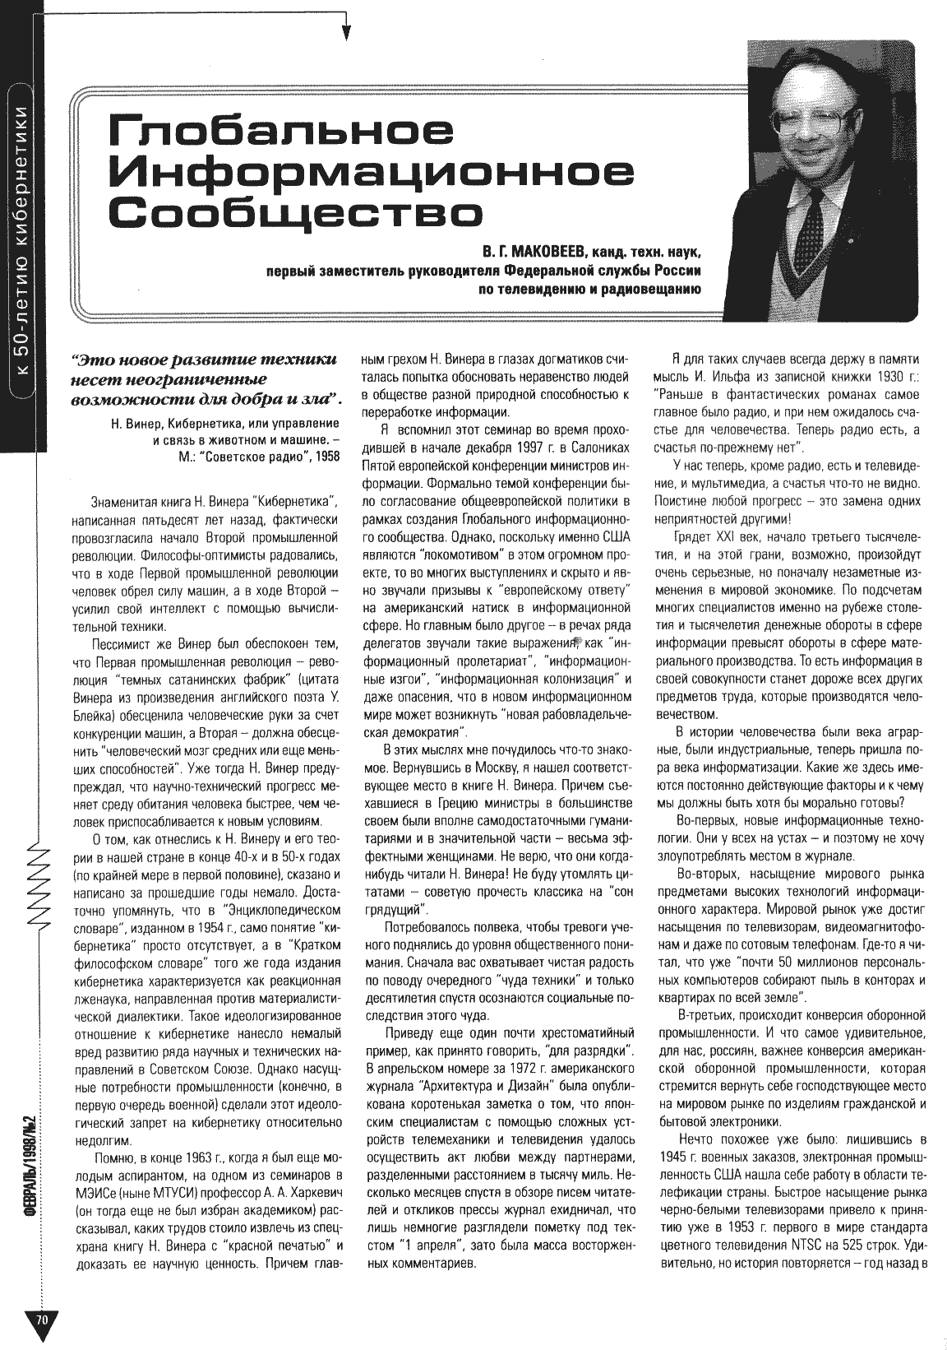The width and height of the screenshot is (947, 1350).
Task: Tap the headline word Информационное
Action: pyautogui.click(x=374, y=172)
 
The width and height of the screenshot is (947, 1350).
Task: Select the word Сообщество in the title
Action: pyautogui.click(x=296, y=211)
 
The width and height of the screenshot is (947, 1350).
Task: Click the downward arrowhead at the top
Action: pyautogui.click(x=346, y=32)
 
